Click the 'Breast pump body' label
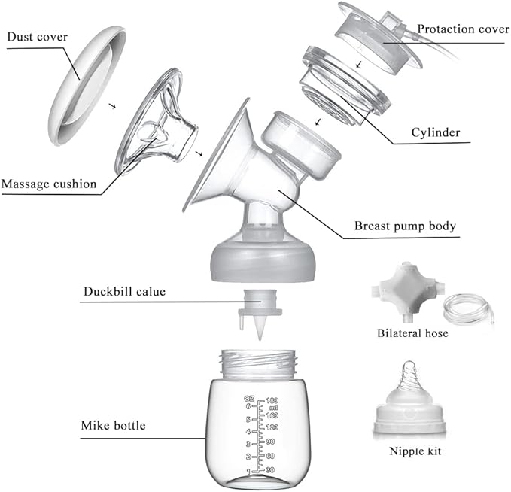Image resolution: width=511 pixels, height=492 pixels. [404, 226]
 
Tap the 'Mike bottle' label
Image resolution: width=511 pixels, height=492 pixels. [113, 426]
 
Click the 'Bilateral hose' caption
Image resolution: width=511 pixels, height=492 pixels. [412, 333]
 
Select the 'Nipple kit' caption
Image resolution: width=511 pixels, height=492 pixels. [415, 452]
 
